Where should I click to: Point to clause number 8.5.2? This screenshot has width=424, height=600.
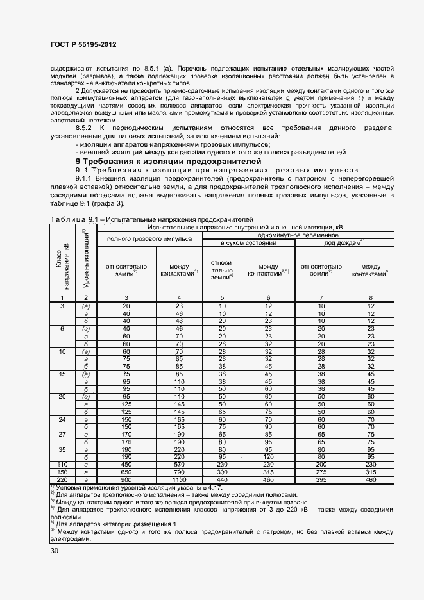pos(87,128)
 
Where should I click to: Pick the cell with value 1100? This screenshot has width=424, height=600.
pos(178,479)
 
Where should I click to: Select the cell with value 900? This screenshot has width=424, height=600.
pos(126,479)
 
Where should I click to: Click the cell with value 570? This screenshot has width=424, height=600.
pos(178,465)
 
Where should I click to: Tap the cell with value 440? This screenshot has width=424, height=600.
pos(222,479)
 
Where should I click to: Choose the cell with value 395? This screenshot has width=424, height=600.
pos(324,479)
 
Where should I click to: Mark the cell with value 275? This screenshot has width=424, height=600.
pos(324,472)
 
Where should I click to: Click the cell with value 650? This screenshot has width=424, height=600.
pos(126,472)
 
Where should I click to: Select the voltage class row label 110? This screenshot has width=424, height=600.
pos(62,465)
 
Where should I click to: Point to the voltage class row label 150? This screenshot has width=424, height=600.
pos(62,472)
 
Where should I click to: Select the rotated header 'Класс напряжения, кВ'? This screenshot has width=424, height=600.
pos(62,266)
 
